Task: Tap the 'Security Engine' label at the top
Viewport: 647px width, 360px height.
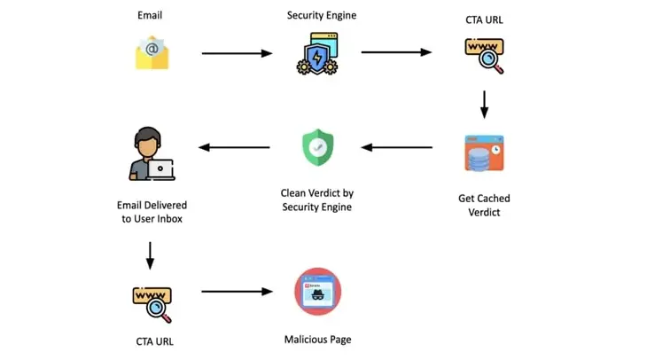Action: [322, 15]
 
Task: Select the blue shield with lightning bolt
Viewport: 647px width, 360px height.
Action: [316, 59]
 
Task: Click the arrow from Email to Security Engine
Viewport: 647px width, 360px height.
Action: [237, 53]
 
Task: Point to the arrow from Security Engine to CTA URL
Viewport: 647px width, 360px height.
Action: [396, 52]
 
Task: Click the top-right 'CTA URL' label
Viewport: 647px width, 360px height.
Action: [484, 20]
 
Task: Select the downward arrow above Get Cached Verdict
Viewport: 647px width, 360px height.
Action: [485, 105]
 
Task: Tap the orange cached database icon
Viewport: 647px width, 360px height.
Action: [484, 153]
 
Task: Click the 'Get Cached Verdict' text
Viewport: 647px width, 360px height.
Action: [484, 205]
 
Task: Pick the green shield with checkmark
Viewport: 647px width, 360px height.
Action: [317, 147]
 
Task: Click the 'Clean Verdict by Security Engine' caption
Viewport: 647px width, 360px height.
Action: [317, 200]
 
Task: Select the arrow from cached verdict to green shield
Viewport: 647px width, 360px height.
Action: [396, 147]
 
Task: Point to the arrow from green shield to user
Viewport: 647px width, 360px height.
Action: [234, 147]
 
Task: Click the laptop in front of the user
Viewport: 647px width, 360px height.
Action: [161, 169]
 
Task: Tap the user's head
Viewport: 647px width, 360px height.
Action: [147, 142]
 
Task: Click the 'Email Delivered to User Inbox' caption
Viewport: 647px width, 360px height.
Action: [152, 212]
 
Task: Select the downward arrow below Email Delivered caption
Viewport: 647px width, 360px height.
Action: [150, 255]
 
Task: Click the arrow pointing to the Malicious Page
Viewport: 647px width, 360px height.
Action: [237, 292]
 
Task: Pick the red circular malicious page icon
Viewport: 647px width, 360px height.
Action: [317, 292]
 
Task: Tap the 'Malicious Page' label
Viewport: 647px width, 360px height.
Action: [317, 340]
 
